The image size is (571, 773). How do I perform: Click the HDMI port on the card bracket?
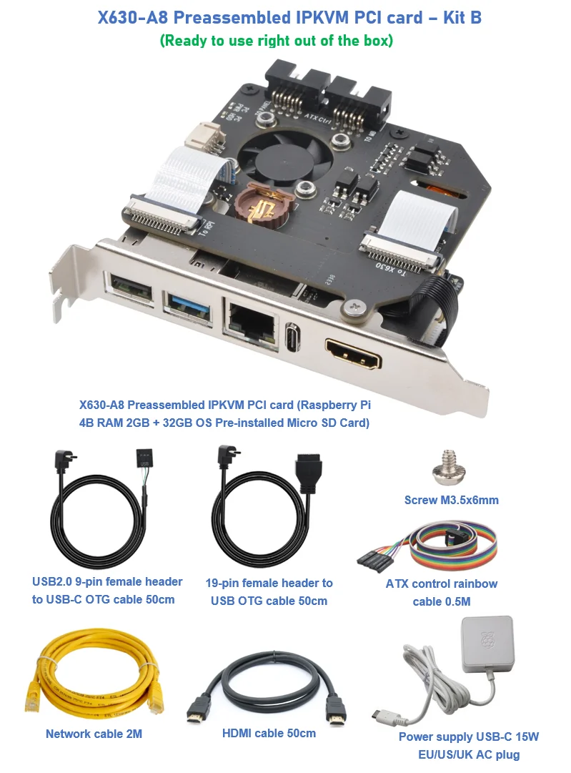[352, 352]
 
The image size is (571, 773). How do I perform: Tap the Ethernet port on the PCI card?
[250, 318]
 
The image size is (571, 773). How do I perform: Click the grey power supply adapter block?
[487, 644]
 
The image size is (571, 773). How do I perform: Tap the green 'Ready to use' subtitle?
[276, 41]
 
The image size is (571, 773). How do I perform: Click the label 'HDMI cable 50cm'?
[269, 733]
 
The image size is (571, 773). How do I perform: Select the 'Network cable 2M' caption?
[89, 734]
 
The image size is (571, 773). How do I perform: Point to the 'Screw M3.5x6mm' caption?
[451, 500]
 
